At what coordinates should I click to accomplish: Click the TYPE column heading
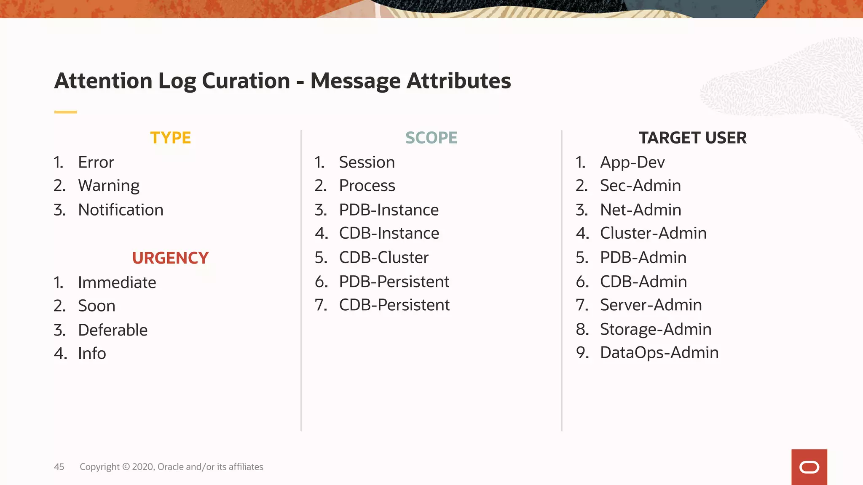click(171, 138)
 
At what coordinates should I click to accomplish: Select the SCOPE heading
click(431, 138)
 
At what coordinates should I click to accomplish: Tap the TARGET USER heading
click(692, 138)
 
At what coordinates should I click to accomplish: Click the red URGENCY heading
click(170, 258)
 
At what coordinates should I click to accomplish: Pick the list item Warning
click(109, 186)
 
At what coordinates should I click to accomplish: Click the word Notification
click(121, 210)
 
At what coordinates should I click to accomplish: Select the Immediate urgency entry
click(117, 282)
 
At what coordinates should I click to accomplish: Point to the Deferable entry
click(113, 330)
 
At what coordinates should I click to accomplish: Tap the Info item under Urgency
click(92, 353)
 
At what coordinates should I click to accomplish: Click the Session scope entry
click(367, 162)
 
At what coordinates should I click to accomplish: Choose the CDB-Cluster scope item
click(383, 257)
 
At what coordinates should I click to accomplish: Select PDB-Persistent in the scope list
click(394, 281)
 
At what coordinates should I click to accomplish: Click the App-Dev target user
click(632, 162)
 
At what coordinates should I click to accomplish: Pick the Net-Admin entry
click(641, 210)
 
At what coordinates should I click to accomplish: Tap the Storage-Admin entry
click(656, 329)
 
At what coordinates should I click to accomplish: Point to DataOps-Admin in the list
click(659, 352)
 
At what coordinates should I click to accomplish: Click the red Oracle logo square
click(809, 467)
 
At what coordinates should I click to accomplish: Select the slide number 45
click(59, 466)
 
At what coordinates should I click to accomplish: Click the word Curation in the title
click(246, 80)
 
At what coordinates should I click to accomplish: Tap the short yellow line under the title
click(65, 112)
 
